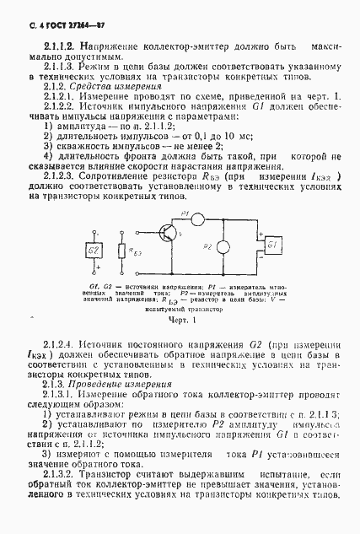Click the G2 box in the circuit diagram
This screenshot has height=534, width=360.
click(x=94, y=251)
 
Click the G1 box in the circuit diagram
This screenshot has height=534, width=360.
click(x=274, y=245)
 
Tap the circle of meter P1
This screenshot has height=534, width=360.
click(x=200, y=218)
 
